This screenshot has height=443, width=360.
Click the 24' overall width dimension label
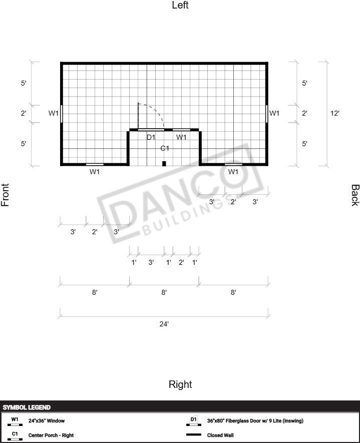pyautogui.click(x=164, y=324)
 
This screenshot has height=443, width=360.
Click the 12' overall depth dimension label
pyautogui.click(x=335, y=113)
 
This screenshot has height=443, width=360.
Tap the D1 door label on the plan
pyautogui.click(x=151, y=137)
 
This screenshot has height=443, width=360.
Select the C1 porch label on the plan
pyautogui.click(x=165, y=148)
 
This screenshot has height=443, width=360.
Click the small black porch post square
pyautogui.click(x=164, y=164)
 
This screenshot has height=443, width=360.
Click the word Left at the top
pyautogui.click(x=180, y=5)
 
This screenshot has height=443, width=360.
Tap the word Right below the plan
pyautogui.click(x=180, y=384)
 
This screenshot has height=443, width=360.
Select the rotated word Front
pyautogui.click(x=5, y=195)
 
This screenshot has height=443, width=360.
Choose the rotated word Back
pyautogui.click(x=355, y=195)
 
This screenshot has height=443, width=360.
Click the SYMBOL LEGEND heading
pyautogui.click(x=27, y=407)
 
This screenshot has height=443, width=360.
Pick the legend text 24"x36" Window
pyautogui.click(x=47, y=420)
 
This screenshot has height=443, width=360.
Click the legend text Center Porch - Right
pyautogui.click(x=51, y=435)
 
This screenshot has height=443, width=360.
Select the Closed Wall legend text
pyautogui.click(x=220, y=435)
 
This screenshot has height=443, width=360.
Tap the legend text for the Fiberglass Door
pyautogui.click(x=255, y=420)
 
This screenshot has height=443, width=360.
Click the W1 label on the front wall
pyautogui.click(x=54, y=113)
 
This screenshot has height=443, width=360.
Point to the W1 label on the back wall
pyautogui.click(x=274, y=113)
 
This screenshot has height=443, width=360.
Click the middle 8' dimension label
pyautogui.click(x=164, y=292)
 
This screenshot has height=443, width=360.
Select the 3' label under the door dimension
pyautogui.click(x=151, y=262)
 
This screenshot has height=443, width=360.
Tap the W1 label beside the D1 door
pyautogui.click(x=181, y=137)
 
